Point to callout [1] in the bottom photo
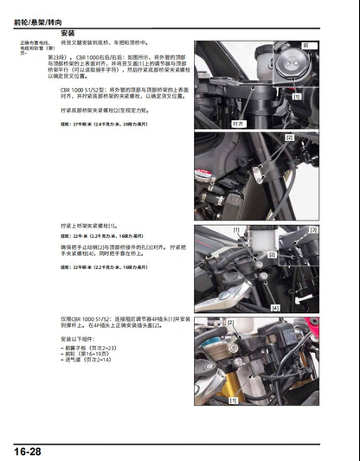233,400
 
